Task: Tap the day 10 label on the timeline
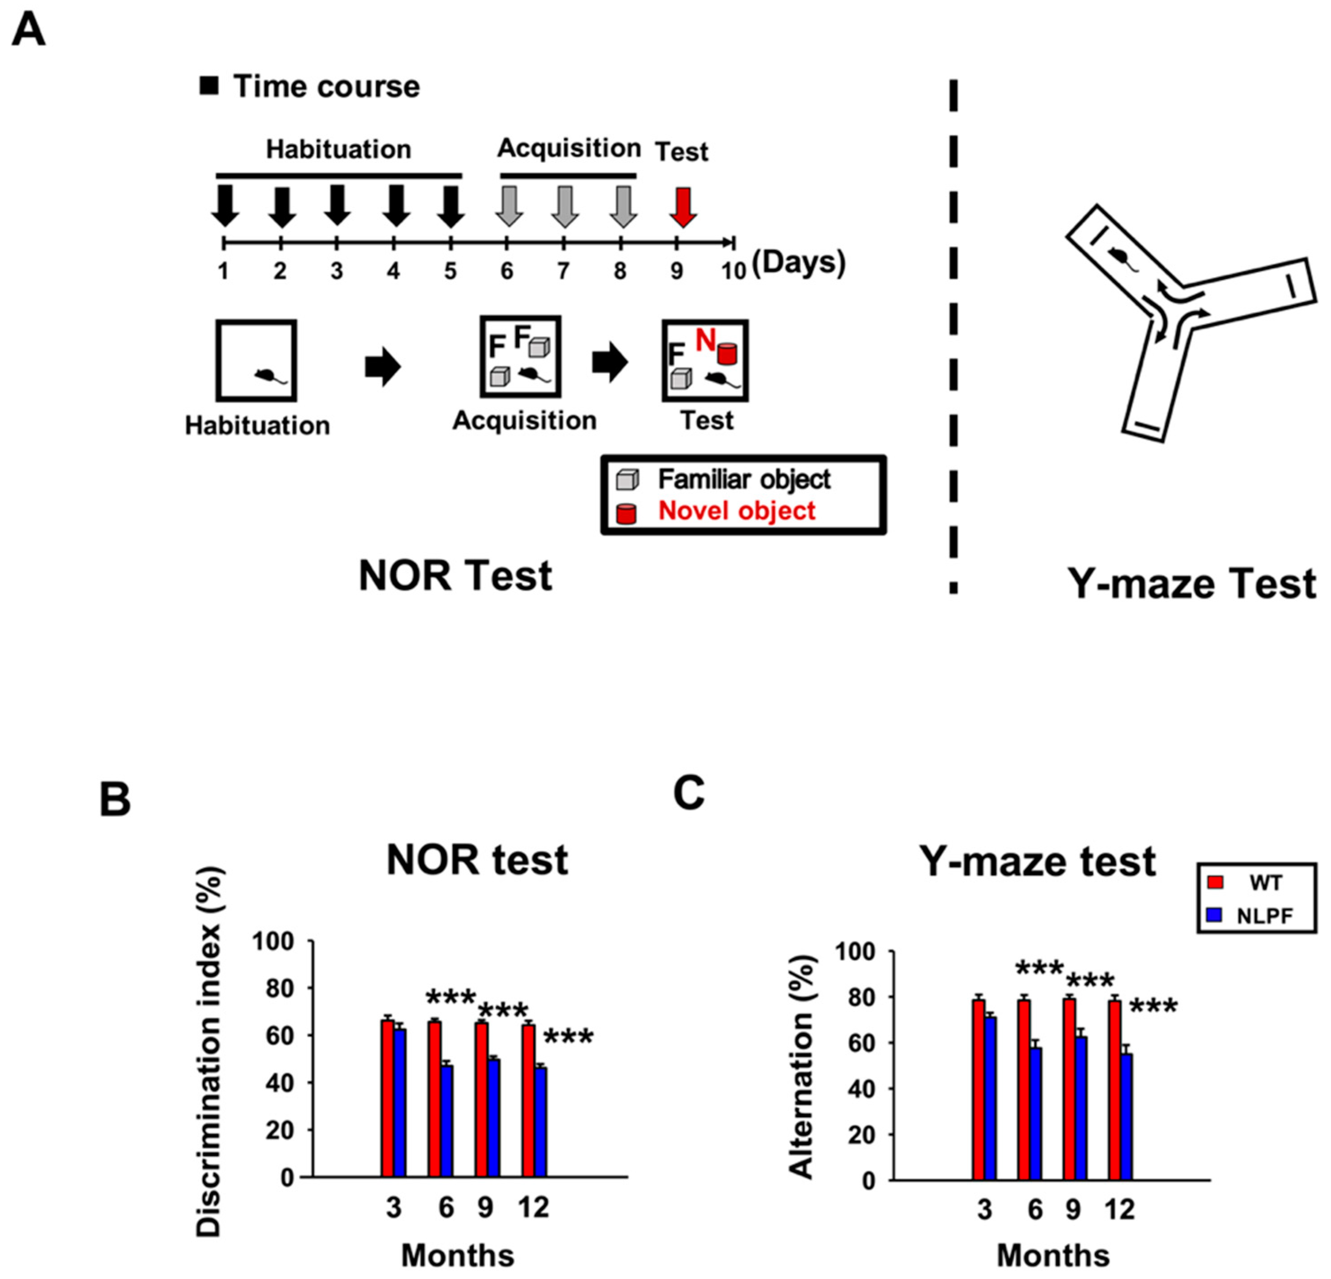(733, 271)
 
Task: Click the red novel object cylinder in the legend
(625, 514)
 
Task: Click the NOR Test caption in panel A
(455, 577)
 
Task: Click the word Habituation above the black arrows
(338, 149)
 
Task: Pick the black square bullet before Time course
(209, 85)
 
